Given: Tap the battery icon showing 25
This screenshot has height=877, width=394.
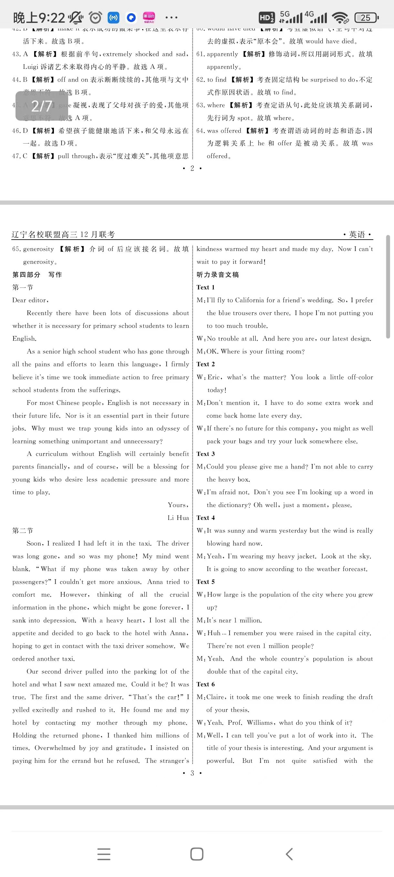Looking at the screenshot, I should point(366,18).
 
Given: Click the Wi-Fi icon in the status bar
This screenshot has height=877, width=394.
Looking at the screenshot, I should point(340,18).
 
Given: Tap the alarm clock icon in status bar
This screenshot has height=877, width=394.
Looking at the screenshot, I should point(96,17).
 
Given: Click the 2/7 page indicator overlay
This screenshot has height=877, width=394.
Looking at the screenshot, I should point(41,106).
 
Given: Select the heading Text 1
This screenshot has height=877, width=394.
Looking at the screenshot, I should point(205,287).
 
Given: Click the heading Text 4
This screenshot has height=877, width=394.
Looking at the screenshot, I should point(205,518).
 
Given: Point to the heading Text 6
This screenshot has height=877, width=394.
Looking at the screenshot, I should point(205,684).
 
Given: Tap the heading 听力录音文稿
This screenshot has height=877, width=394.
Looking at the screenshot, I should point(218,275).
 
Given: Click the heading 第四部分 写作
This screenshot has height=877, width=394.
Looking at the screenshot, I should point(37,275).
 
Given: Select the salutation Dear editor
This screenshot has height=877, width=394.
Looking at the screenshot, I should point(30,300).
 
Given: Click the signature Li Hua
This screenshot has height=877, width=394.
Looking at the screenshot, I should point(178,518).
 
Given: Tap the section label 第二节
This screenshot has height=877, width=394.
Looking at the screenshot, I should point(23,531).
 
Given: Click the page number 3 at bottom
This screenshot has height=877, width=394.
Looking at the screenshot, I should point(192,773).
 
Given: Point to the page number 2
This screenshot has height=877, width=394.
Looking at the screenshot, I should point(192,168).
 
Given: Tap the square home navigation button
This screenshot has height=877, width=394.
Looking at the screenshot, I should point(197,854).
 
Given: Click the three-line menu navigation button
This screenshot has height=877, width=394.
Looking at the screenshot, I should point(104,854).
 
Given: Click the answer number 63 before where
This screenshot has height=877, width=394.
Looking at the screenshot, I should point(200,105).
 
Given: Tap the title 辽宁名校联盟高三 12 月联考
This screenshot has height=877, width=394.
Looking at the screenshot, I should point(63,234).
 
